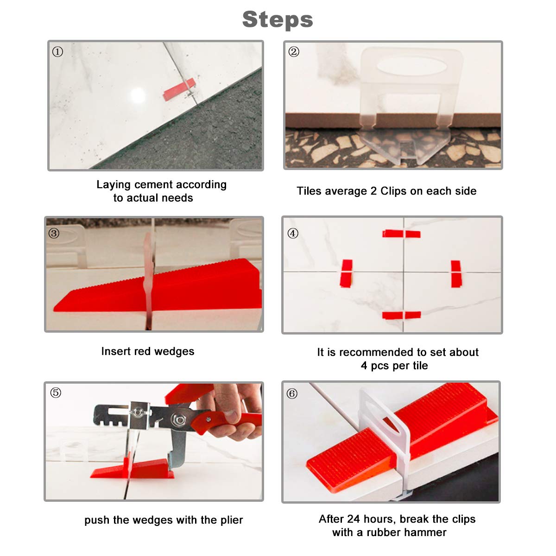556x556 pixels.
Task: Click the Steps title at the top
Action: pyautogui.click(x=278, y=19)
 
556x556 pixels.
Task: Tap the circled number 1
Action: pyautogui.click(x=57, y=52)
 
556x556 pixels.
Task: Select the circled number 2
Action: pyautogui.click(x=294, y=52)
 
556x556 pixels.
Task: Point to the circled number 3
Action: pyautogui.click(x=54, y=233)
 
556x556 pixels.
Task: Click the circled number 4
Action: pyautogui.click(x=293, y=233)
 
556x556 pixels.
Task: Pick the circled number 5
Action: pyautogui.click(x=56, y=393)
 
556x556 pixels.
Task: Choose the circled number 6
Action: pyautogui.click(x=292, y=393)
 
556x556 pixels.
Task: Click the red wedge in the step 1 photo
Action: pyautogui.click(x=179, y=89)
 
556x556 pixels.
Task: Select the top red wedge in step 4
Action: pyautogui.click(x=401, y=234)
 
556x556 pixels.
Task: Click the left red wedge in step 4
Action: pyautogui.click(x=346, y=273)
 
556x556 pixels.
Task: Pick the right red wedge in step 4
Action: pyautogui.click(x=456, y=274)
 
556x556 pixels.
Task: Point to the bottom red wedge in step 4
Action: pyautogui.click(x=401, y=316)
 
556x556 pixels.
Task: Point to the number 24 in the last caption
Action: pyautogui.click(x=354, y=519)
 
